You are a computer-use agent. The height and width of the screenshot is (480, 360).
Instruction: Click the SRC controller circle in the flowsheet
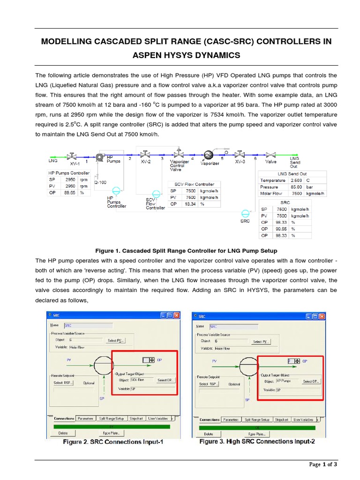point(245,212)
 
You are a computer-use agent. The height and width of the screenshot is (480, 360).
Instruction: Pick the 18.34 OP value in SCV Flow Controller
point(190,204)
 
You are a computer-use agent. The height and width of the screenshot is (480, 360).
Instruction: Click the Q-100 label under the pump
point(100,182)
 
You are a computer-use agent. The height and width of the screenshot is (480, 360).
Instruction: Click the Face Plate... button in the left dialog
point(111,433)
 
